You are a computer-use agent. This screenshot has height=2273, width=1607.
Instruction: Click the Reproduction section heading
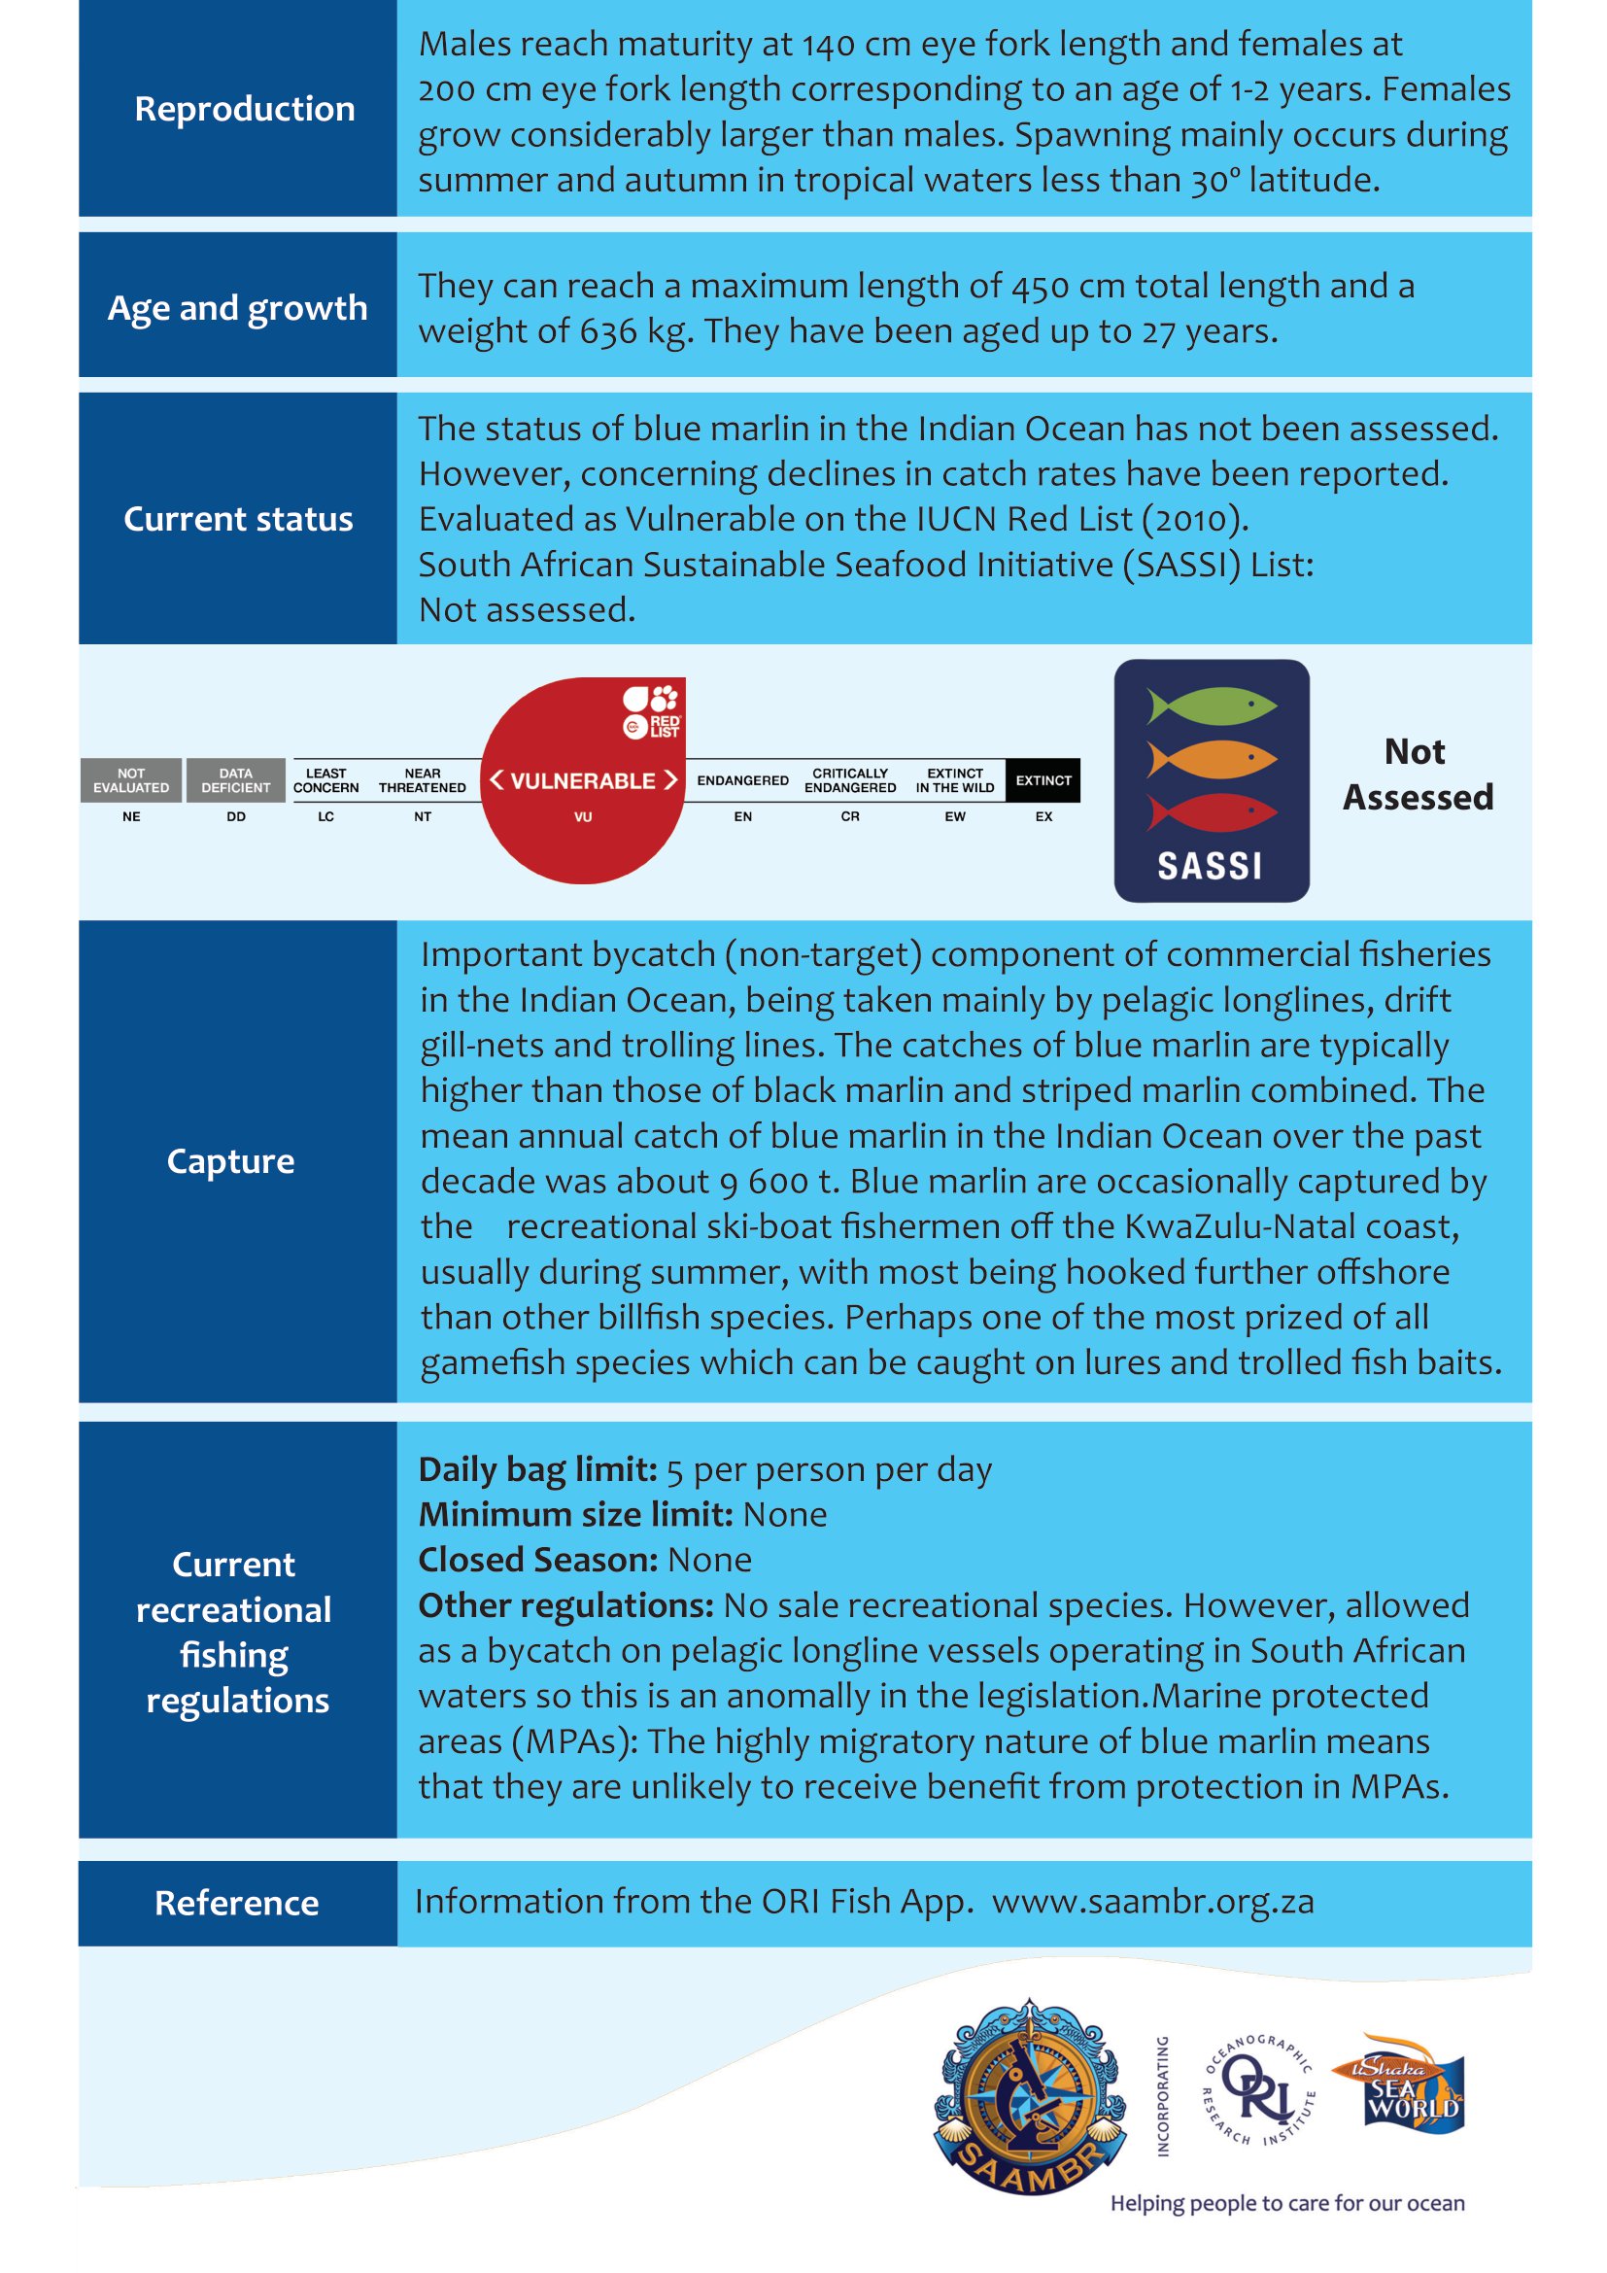245,109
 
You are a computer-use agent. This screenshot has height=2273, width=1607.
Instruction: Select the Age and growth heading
237,308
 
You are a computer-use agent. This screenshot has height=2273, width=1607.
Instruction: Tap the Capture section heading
230,1160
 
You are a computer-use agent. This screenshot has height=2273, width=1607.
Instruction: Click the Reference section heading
236,1902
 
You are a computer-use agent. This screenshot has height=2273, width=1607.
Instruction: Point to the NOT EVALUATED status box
130,780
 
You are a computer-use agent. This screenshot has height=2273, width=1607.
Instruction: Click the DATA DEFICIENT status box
235,780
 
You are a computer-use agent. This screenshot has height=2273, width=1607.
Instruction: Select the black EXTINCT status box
1043,780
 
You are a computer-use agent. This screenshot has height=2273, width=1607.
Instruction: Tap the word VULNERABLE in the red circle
583,781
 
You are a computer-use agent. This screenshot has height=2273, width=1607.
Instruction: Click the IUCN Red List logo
651,710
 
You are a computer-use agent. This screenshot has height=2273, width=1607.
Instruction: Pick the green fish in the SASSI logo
1212,706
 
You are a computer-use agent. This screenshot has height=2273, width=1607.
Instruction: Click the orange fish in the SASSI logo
1212,759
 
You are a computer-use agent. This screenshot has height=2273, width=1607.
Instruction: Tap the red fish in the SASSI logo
1212,811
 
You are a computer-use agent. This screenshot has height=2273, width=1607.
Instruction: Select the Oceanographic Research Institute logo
1258,2091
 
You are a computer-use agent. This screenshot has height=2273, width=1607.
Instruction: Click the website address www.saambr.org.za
1153,1901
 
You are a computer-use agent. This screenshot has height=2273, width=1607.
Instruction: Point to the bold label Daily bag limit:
537,1469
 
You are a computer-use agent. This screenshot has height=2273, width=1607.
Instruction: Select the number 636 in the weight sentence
608,330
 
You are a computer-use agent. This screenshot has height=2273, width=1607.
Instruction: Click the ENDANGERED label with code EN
742,781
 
